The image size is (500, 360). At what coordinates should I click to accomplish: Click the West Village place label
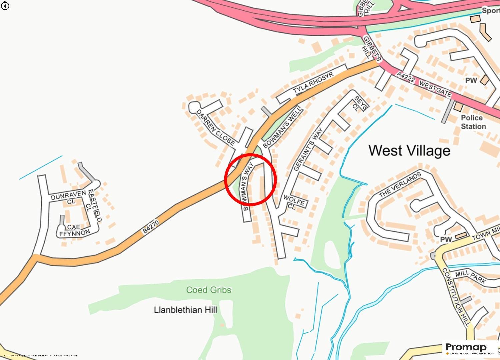point(409,151)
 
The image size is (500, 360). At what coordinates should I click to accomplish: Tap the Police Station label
point(473,122)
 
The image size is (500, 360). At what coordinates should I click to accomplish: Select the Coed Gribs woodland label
point(209,290)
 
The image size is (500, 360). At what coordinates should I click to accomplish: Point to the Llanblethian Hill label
point(185,310)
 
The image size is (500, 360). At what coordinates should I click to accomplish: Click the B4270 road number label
point(151,227)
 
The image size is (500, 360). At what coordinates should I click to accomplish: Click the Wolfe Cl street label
point(294,202)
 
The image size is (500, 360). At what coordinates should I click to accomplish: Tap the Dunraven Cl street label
point(67,199)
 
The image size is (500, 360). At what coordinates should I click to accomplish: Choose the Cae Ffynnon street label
point(74,230)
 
